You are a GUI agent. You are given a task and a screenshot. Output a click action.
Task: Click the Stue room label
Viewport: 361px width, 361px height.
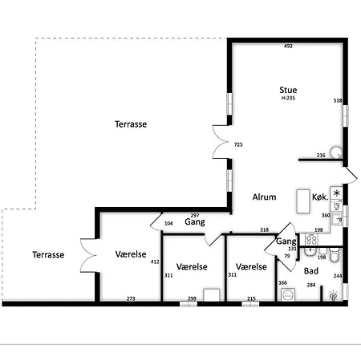point(288,90)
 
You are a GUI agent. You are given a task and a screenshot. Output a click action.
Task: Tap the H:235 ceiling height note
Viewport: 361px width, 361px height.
point(288,98)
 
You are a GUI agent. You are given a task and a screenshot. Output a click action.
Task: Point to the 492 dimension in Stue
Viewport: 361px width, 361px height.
point(288,46)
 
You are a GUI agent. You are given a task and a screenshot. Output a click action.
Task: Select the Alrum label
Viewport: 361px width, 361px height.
point(264,197)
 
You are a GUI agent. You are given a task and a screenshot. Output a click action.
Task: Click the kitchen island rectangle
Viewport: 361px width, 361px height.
point(303,201)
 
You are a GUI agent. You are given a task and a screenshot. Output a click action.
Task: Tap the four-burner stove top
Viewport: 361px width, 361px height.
point(311,239)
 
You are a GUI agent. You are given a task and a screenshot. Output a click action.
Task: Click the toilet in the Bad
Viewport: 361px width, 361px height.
point(335,255)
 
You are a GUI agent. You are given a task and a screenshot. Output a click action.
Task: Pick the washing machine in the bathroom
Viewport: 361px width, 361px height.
point(288,294)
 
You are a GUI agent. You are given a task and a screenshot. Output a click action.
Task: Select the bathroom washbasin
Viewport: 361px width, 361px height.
point(310,252)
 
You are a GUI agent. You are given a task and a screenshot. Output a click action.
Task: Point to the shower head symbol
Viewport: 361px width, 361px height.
point(333,295)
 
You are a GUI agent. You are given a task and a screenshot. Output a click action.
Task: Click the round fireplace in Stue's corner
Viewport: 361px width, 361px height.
point(336,152)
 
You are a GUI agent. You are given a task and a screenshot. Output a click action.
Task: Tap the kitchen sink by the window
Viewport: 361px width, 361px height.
point(337,218)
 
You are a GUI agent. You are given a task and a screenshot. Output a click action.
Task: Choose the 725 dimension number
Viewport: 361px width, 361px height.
point(238,144)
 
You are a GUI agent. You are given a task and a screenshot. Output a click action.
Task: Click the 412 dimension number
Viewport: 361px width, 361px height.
point(155,262)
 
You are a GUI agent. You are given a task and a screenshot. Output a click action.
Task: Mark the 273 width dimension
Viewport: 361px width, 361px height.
point(131,298)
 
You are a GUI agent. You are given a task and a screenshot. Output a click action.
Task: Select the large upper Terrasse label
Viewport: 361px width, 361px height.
point(131,124)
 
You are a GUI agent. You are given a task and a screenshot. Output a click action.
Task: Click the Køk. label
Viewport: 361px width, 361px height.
point(320,197)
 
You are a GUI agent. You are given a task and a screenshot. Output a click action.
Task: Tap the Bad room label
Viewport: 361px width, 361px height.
point(311,271)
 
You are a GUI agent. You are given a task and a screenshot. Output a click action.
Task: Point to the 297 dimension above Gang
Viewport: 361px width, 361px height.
point(195,215)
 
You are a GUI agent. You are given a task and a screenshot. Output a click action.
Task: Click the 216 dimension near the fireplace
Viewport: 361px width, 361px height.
point(321,155)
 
